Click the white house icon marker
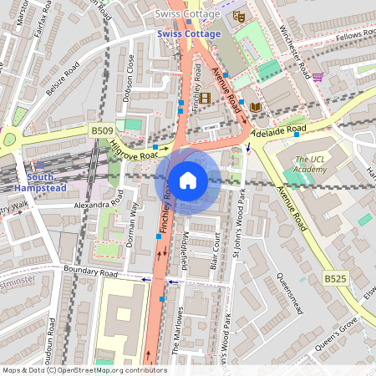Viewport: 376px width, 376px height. (x=188, y=180)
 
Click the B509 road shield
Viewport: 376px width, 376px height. (x=100, y=131)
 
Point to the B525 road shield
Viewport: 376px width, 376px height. (x=334, y=277)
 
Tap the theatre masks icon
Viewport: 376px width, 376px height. (x=238, y=15)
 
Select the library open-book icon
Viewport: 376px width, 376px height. (x=255, y=106)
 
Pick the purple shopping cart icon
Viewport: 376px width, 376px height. (x=318, y=77)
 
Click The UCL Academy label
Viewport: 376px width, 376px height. (x=310, y=165)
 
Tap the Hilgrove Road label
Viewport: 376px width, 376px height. (x=133, y=150)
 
